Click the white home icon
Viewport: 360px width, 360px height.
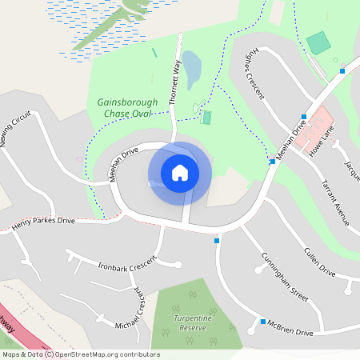pyautogui.click(x=179, y=172)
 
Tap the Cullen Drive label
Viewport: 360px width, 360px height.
pyautogui.click(x=319, y=261)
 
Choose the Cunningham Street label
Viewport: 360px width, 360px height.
pyautogui.click(x=284, y=276)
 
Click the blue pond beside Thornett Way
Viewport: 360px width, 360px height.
pyautogui.click(x=192, y=70)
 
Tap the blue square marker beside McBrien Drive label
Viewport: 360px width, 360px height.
pyautogui.click(x=263, y=322)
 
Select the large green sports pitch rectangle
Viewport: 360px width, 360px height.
pyautogui.click(x=318, y=43)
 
